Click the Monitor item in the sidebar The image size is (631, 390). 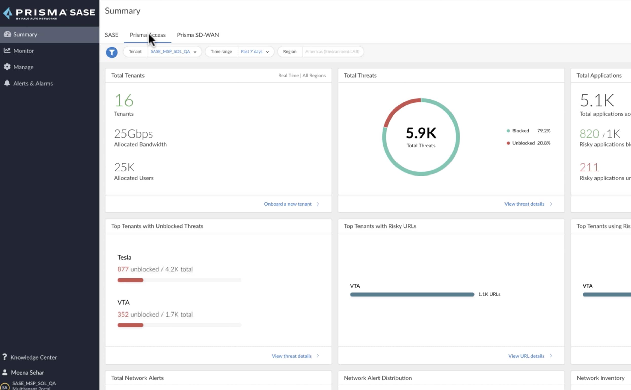pos(23,51)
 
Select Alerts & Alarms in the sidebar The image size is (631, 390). pos(33,83)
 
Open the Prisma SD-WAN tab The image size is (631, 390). pos(198,35)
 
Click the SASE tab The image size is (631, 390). pos(111,35)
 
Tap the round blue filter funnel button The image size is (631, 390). pos(112,52)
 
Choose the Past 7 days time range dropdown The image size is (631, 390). pos(255,52)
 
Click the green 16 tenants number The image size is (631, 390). pos(124,100)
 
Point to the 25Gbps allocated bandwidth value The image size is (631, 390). pos(133,134)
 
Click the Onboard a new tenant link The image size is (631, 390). pos(288,204)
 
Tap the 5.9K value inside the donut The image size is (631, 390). pos(421,133)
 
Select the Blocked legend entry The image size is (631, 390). pos(520,131)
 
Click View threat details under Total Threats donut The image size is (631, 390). pos(524,204)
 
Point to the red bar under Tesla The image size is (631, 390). pos(130,280)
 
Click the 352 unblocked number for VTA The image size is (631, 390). pos(123,314)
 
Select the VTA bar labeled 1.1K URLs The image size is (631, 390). pos(412,294)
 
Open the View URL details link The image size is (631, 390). pos(526,356)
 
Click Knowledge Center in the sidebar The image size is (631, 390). pos(33,357)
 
